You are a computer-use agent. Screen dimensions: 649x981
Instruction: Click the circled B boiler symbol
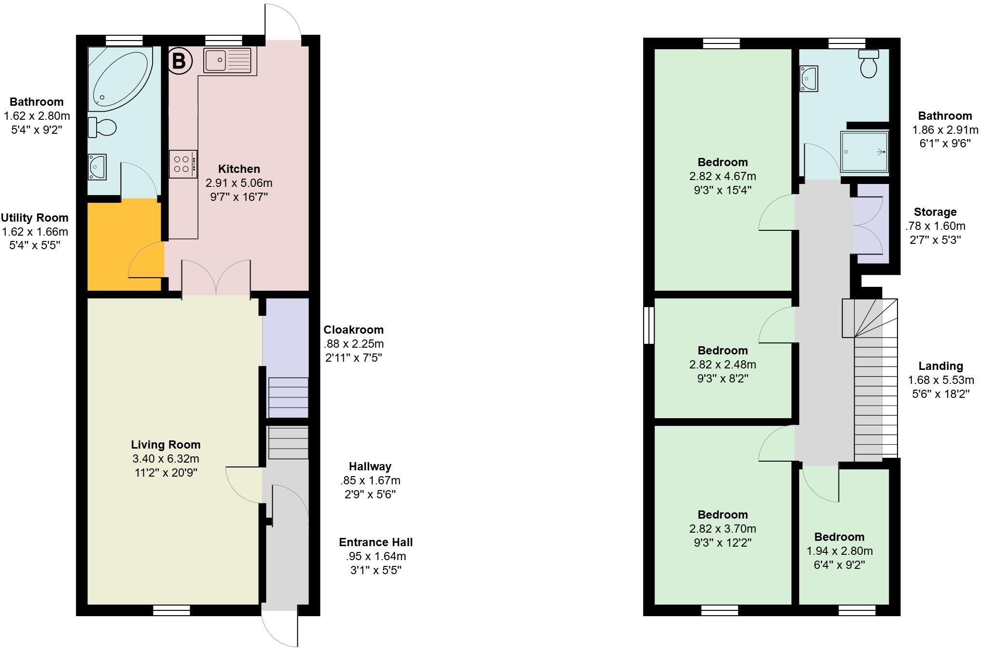(x=179, y=61)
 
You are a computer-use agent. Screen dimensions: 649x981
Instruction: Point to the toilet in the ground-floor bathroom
(x=103, y=128)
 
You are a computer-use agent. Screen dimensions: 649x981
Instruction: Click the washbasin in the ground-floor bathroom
(x=97, y=167)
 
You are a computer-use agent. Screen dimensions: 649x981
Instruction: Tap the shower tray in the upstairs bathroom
(x=864, y=152)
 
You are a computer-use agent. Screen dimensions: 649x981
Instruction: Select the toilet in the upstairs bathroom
(x=869, y=64)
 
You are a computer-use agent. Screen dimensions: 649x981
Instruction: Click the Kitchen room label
(x=239, y=169)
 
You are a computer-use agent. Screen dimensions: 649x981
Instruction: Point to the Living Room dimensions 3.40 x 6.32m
(x=166, y=459)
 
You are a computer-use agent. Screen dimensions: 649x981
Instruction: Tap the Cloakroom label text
(x=353, y=330)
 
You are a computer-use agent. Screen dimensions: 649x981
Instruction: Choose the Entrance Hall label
(x=376, y=542)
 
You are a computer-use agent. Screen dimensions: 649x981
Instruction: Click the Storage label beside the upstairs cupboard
(x=935, y=212)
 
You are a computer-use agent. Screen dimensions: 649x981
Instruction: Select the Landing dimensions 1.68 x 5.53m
(x=940, y=380)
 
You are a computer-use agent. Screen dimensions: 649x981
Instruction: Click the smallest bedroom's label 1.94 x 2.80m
(x=839, y=551)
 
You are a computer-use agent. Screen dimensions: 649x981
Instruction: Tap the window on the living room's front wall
(x=171, y=611)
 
